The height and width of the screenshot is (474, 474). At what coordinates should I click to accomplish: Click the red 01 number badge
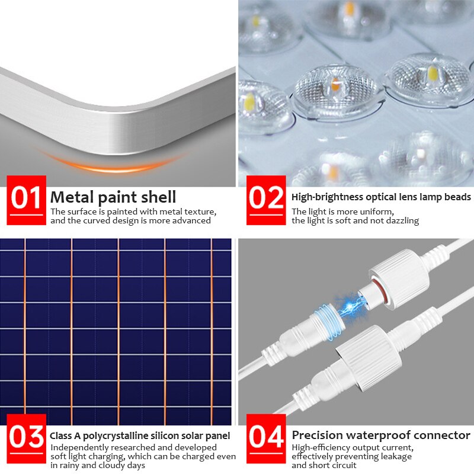(x=26, y=200)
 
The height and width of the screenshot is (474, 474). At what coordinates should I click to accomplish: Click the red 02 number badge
(x=267, y=200)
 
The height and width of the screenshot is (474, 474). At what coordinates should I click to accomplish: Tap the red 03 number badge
(x=26, y=439)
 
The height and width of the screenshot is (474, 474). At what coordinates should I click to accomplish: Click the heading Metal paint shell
(x=113, y=197)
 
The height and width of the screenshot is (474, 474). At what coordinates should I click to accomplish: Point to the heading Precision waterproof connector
(x=381, y=435)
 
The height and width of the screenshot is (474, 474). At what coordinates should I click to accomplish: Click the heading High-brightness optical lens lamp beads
(x=381, y=197)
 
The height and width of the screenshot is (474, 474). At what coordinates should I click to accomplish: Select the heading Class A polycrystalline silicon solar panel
(x=140, y=436)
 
